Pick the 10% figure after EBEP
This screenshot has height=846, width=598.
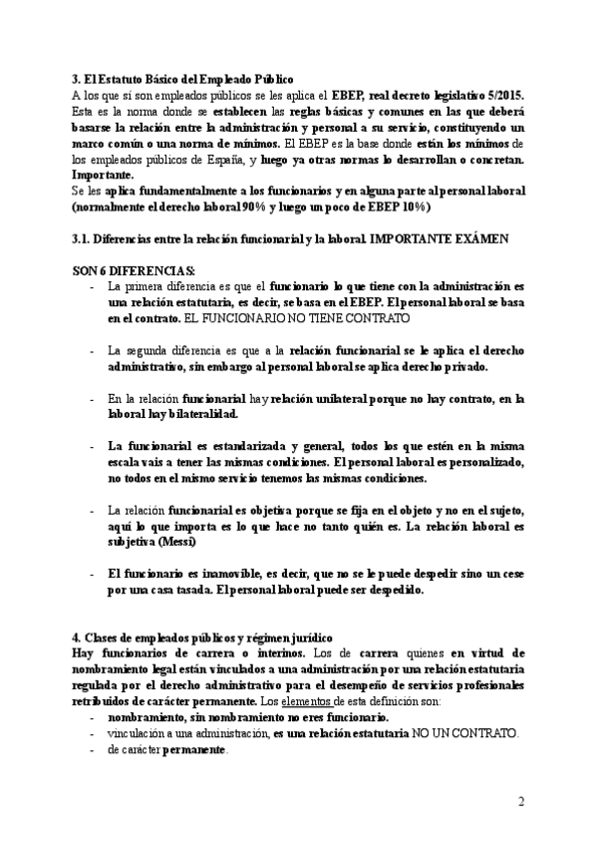point(411,208)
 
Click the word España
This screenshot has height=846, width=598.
point(220,160)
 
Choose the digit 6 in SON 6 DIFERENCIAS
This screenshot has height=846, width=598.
point(106,269)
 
